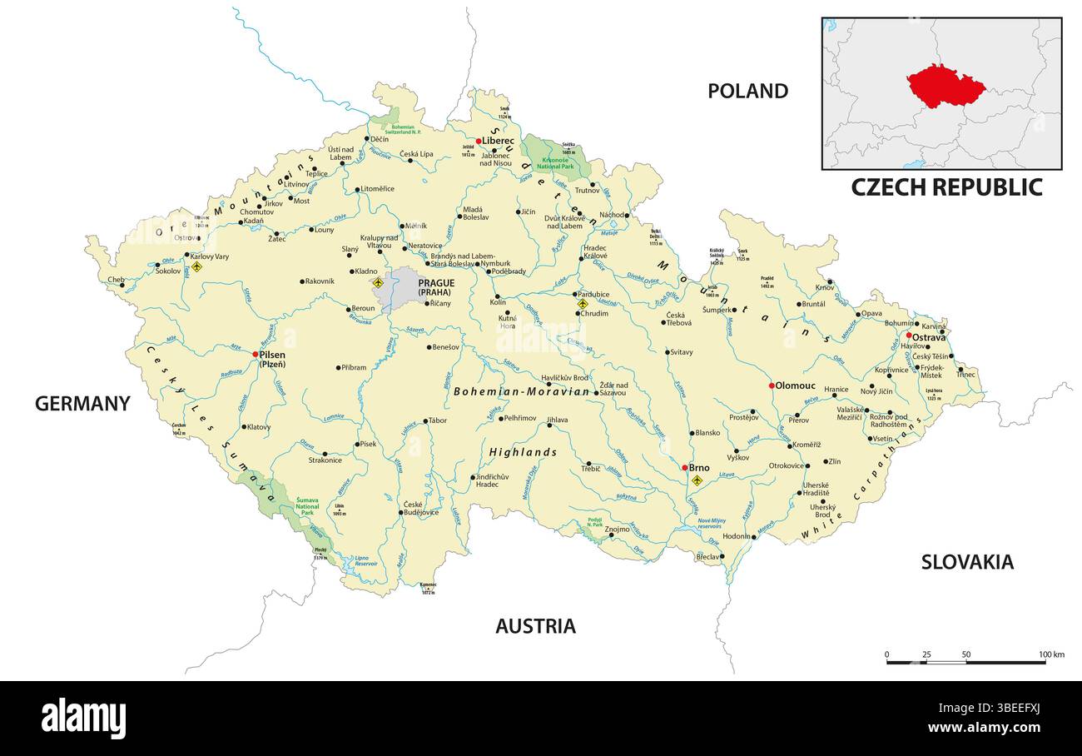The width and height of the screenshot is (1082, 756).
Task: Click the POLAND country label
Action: (x=747, y=91)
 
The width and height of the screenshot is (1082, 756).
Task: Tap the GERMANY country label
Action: (x=82, y=404)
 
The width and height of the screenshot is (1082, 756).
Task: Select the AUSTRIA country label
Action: (x=535, y=626)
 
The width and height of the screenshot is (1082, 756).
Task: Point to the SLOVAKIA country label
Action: (x=966, y=562)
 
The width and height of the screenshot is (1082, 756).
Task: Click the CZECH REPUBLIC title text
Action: (x=946, y=187)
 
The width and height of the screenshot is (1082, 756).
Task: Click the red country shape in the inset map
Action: (x=946, y=86)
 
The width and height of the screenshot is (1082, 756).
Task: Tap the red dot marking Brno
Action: (x=684, y=468)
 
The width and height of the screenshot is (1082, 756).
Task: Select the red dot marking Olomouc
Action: (x=772, y=385)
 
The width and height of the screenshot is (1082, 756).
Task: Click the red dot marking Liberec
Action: (x=479, y=141)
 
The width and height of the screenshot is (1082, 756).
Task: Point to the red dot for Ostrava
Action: (x=909, y=336)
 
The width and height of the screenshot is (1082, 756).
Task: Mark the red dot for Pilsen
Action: (x=256, y=354)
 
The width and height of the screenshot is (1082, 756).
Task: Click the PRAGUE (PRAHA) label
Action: (x=436, y=287)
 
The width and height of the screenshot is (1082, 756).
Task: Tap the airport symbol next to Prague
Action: (x=378, y=283)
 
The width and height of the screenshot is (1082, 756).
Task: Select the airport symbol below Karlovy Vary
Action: (x=196, y=267)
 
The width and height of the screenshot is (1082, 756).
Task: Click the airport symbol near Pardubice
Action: (x=583, y=304)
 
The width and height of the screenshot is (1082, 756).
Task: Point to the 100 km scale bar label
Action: (x=1051, y=654)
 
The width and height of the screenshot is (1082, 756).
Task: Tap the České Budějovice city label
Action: (x=419, y=509)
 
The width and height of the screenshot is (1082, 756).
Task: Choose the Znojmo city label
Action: (x=617, y=529)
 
